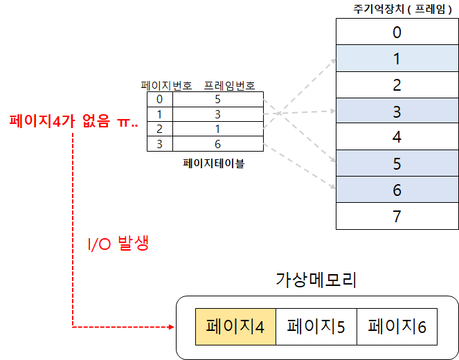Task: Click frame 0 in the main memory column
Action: [396, 32]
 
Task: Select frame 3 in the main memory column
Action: [396, 111]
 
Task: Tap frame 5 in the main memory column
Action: [396, 163]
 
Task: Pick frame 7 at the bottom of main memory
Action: [396, 216]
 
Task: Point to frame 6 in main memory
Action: [396, 190]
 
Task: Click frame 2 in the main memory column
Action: [396, 84]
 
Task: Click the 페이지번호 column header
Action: [166, 87]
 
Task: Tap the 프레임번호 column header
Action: [228, 87]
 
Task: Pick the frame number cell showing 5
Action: [218, 100]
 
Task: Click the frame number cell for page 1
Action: [218, 114]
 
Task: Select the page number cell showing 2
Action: [159, 129]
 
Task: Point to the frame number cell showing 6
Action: [218, 143]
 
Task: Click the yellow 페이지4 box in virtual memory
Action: [235, 326]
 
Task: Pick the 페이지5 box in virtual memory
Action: [316, 326]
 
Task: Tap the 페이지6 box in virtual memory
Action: [397, 326]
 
